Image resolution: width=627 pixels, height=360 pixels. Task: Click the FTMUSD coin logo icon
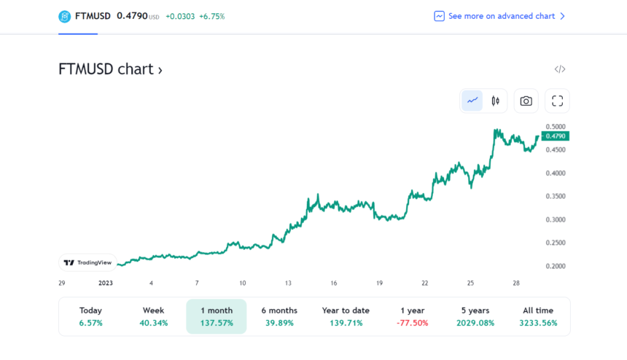(x=66, y=16)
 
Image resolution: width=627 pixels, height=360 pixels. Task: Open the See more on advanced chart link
(x=499, y=16)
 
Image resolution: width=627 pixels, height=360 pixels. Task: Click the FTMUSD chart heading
(x=110, y=69)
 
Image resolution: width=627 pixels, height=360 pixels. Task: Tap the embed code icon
(x=559, y=69)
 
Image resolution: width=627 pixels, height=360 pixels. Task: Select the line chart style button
(x=472, y=101)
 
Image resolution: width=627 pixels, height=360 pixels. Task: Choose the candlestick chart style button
(x=495, y=101)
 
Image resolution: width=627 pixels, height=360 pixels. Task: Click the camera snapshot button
(x=526, y=101)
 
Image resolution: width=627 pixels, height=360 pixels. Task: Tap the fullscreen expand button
(x=558, y=101)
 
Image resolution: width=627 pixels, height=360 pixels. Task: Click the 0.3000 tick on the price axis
(x=556, y=219)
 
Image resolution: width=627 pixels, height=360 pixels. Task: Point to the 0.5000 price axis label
(x=556, y=127)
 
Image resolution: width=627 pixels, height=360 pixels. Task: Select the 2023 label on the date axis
(x=106, y=283)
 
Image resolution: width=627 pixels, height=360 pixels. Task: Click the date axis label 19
(x=379, y=283)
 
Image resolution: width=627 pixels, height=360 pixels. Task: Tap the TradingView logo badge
(x=87, y=262)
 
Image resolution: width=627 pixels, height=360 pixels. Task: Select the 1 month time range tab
(x=217, y=316)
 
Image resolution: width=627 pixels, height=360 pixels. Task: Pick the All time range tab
(x=538, y=316)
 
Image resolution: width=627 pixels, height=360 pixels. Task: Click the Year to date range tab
(x=345, y=316)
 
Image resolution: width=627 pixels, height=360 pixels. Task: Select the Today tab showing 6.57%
(x=90, y=316)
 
